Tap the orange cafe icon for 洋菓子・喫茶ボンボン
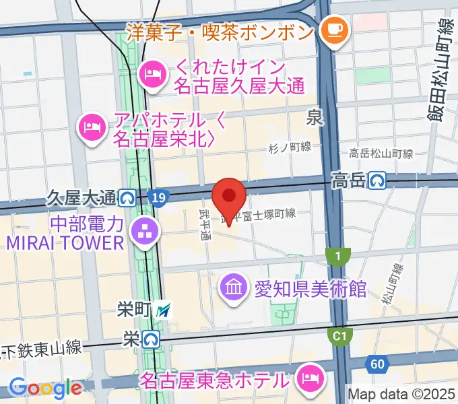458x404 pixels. click(332, 30)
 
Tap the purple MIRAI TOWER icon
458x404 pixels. click(143, 232)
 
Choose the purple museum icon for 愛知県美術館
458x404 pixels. click(233, 288)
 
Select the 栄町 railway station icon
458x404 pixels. click(163, 310)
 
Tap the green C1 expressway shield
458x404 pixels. click(339, 335)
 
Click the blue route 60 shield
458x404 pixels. click(379, 365)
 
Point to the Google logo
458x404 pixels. click(45, 388)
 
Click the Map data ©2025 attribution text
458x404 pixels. click(401, 393)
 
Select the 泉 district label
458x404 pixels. click(313, 117)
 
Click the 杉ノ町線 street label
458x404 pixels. click(290, 147)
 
